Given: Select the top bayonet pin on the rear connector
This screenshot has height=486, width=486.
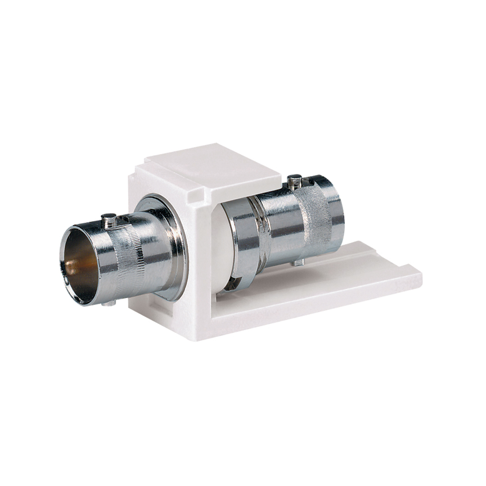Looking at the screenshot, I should click(x=294, y=181).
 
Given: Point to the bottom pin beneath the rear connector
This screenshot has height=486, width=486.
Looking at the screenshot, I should click(x=299, y=262).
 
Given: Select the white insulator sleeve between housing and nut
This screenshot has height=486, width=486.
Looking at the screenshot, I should click(x=221, y=247).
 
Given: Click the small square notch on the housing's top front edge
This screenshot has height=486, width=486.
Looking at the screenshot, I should click(x=195, y=196).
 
